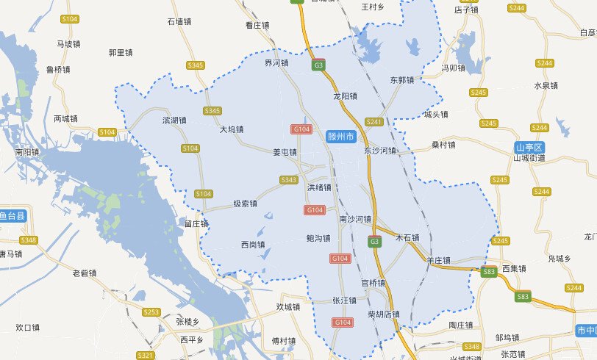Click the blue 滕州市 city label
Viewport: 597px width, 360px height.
point(341,137)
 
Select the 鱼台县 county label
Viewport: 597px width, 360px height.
point(12,216)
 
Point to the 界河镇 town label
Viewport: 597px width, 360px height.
point(276,63)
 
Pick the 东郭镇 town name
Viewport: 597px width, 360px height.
point(402,80)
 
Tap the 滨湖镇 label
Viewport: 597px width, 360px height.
point(174,118)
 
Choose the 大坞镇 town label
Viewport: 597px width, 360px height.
point(232,129)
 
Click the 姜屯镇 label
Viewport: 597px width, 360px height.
point(285,153)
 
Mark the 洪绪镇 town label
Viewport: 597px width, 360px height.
point(319,187)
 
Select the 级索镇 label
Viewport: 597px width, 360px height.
point(245,204)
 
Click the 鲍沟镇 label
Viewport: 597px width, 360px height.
point(318,239)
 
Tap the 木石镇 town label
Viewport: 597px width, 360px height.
point(407,238)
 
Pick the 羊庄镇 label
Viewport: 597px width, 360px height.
point(437,260)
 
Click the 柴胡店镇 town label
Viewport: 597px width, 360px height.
point(383,314)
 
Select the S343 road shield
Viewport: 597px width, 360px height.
point(290,180)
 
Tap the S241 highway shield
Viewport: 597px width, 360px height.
point(374,122)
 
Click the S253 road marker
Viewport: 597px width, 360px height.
point(151,312)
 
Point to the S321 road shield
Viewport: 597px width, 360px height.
point(146,356)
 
